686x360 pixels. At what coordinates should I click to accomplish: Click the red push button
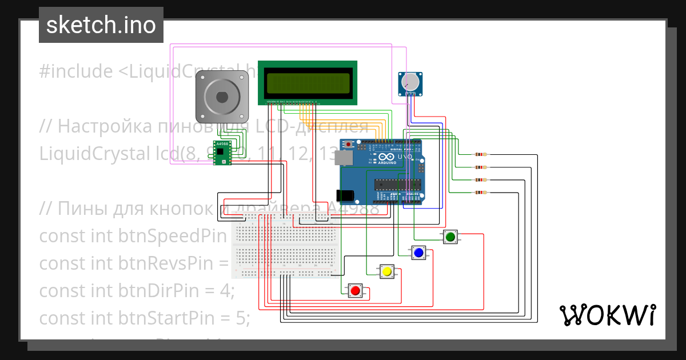point(356,291)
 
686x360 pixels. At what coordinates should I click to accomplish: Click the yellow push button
point(387,271)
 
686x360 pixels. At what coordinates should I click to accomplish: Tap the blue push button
point(418,253)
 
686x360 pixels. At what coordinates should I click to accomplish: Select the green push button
point(450,237)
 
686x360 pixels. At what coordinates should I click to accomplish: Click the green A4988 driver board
point(221,153)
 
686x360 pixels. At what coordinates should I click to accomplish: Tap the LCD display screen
point(308,83)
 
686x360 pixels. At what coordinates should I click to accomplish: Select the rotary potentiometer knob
point(410,83)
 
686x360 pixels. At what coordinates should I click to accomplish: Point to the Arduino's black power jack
point(347,195)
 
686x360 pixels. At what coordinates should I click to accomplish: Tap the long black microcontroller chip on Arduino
point(398,184)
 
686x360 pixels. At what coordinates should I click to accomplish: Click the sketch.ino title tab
point(101,25)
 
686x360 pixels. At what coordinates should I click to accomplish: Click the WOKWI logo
point(607,315)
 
